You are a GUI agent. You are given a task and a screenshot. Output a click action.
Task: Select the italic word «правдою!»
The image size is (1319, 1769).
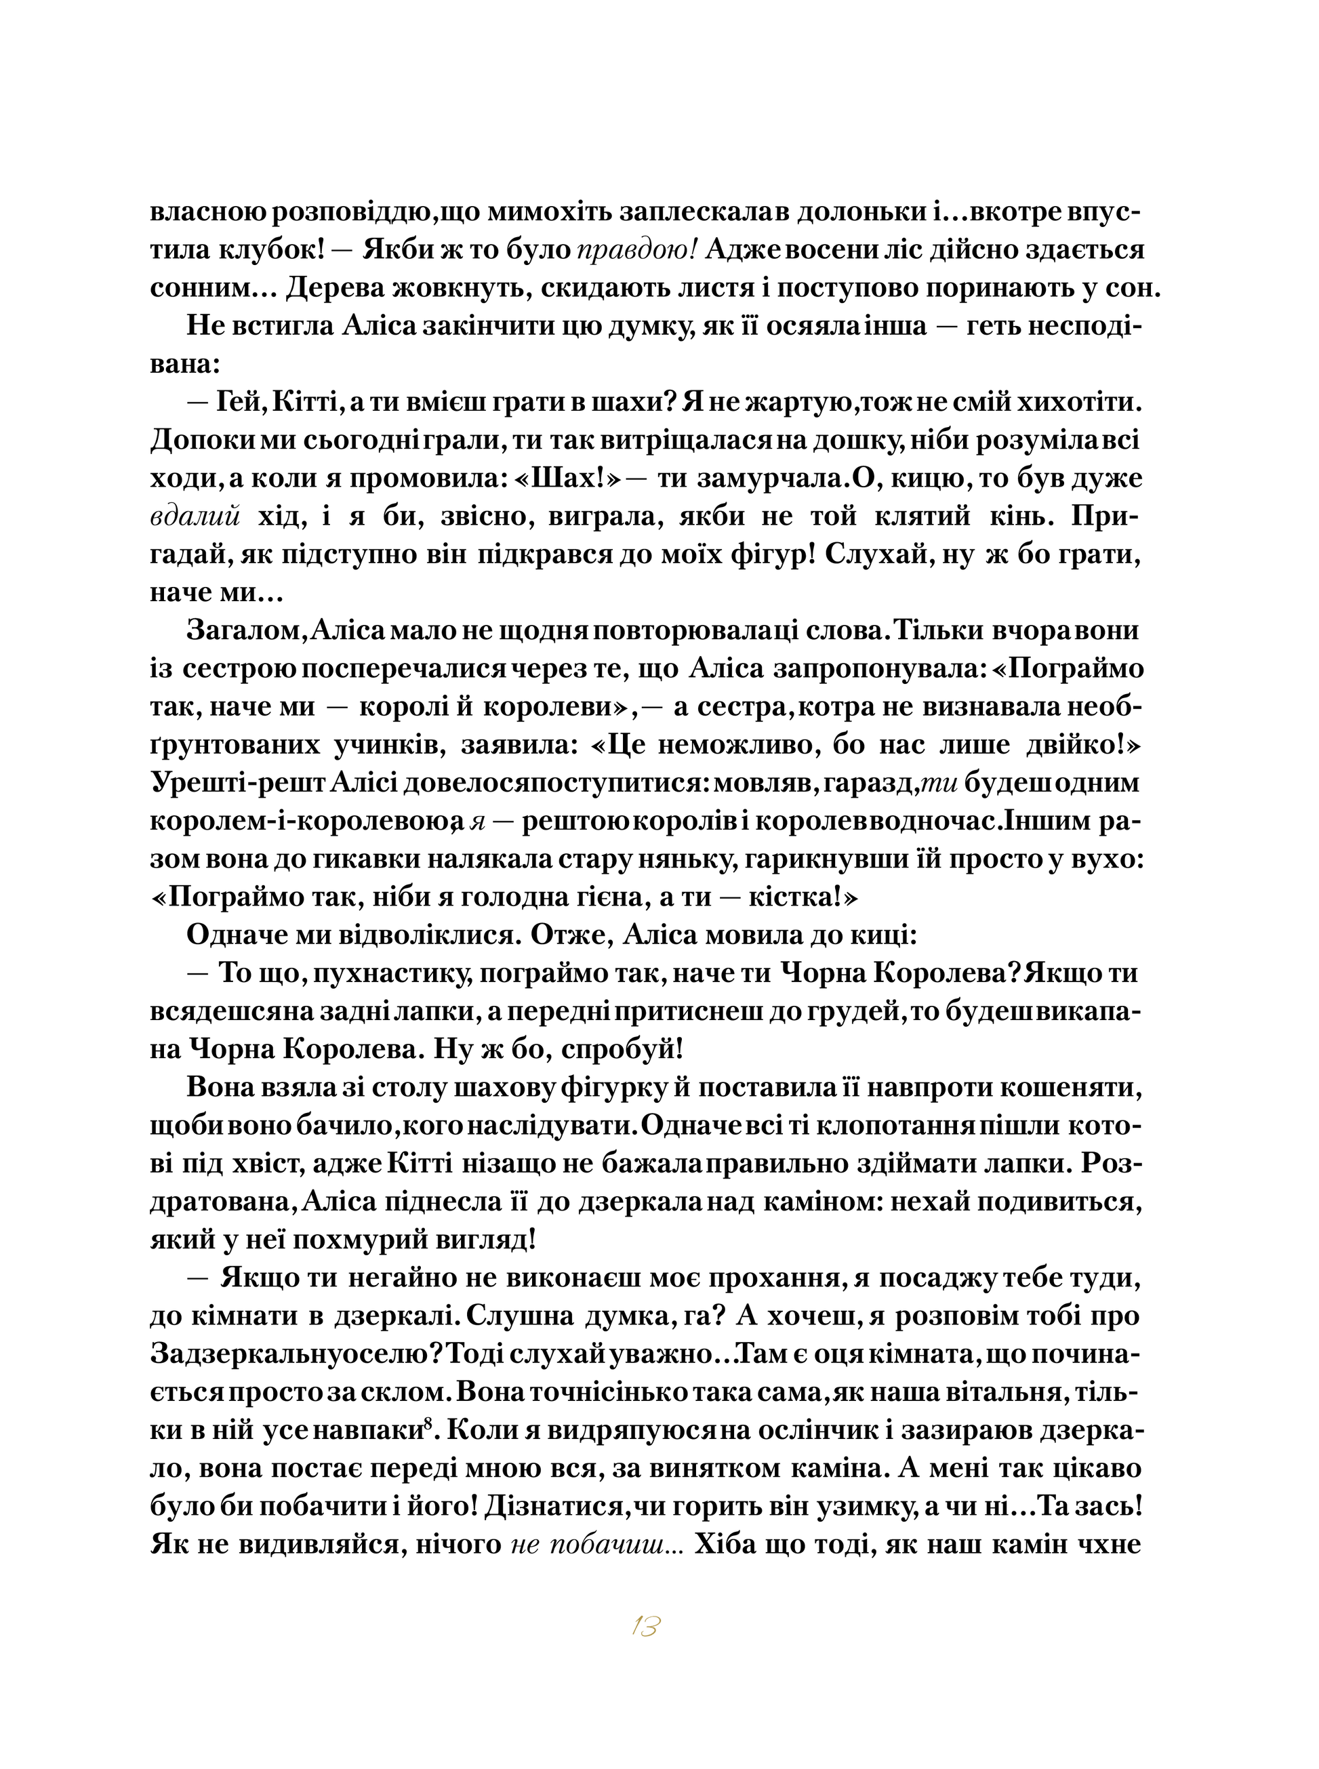637,251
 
